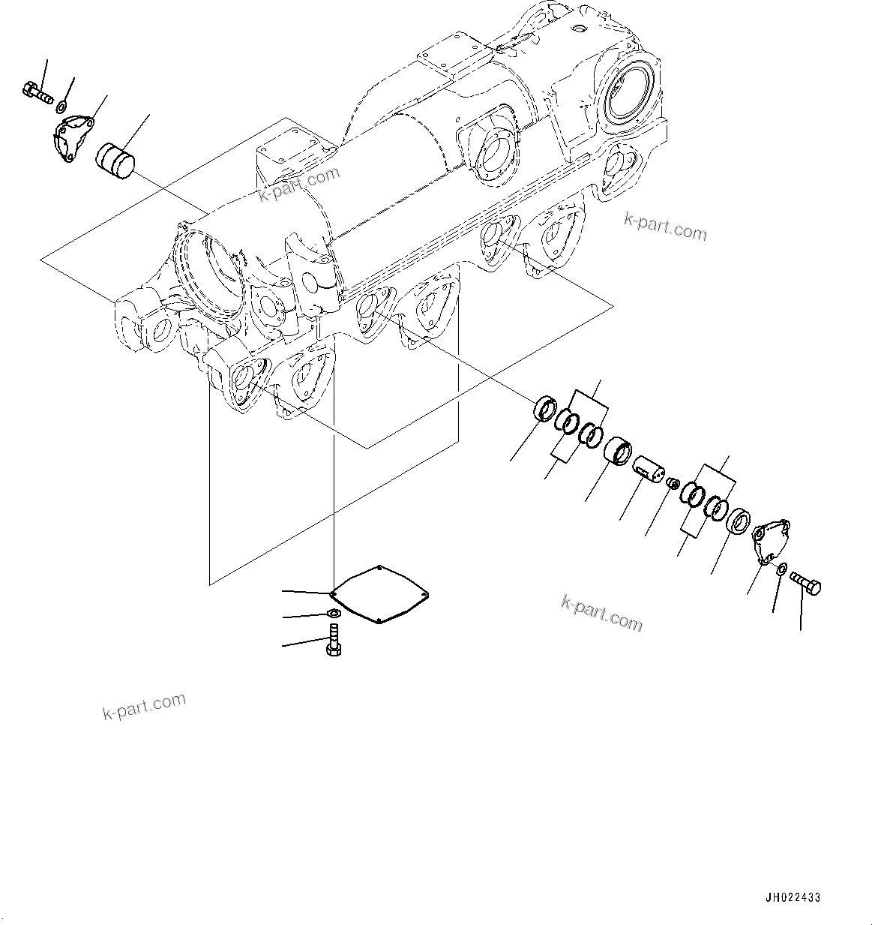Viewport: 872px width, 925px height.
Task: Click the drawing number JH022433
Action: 793,897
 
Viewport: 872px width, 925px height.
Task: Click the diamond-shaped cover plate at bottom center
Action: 379,593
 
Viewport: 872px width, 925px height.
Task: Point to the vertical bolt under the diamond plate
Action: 334,644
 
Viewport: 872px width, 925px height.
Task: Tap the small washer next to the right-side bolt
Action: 781,572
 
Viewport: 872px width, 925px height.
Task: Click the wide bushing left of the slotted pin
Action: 619,451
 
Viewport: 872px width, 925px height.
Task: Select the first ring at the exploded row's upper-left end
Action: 545,410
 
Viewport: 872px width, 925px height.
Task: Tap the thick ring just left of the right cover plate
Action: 741,522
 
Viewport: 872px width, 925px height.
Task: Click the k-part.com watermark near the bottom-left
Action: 144,706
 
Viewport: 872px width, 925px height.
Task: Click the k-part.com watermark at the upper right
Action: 665,226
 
